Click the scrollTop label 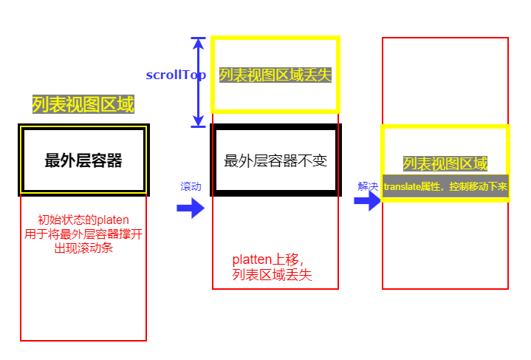(x=176, y=75)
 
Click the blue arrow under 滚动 (x=191, y=208)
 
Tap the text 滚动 (x=191, y=187)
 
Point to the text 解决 (x=368, y=186)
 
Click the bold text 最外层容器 (x=83, y=160)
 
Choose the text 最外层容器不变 (x=275, y=160)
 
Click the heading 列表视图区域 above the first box (x=83, y=105)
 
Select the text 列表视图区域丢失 (x=275, y=75)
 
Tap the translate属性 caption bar (x=445, y=186)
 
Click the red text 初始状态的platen (x=83, y=220)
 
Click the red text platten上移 (x=267, y=259)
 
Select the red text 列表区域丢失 (x=273, y=275)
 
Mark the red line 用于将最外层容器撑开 (x=83, y=234)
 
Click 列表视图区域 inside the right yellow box (x=445, y=164)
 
